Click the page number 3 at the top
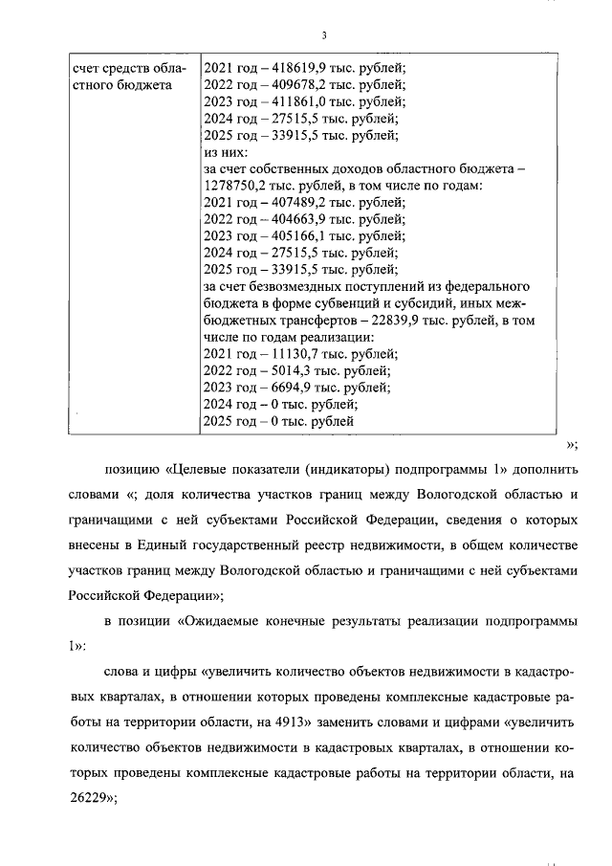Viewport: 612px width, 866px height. [x=325, y=36]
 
